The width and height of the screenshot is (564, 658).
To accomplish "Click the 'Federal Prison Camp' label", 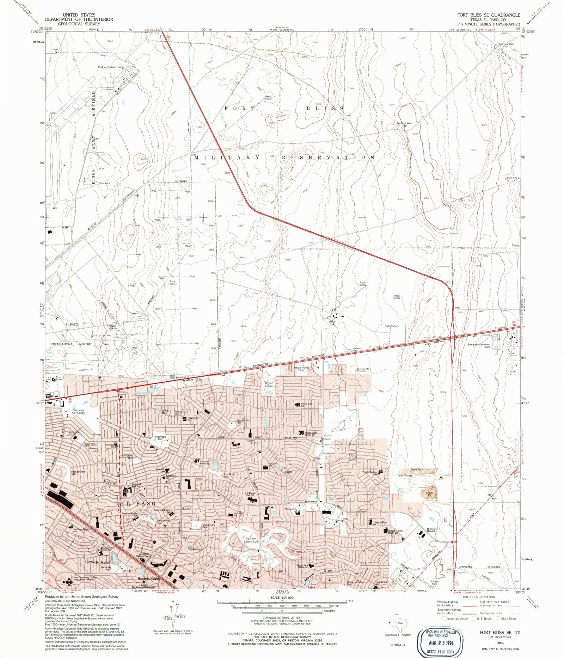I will pos(111,67).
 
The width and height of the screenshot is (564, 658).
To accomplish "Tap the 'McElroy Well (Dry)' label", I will pos(404,124).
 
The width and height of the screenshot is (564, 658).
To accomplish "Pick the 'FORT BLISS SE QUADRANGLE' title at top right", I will pos(489,15).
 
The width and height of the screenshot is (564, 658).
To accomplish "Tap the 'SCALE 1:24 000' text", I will pos(282,598).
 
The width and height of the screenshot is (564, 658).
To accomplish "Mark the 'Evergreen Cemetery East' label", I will pos(479,346).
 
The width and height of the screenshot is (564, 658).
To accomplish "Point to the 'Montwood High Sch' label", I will pos(432,530).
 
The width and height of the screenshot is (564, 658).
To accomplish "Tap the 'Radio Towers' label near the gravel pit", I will pos(405,475).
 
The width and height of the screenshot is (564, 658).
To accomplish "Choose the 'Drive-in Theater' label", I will pos(269,384).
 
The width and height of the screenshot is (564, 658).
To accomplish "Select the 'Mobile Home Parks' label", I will pos(301,369).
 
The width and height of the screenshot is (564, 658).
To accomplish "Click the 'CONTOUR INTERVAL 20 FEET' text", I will pos(282,618).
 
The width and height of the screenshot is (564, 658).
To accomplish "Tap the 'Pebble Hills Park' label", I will pos(243,421).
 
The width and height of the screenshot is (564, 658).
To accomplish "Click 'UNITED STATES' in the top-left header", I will pos(79,15).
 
